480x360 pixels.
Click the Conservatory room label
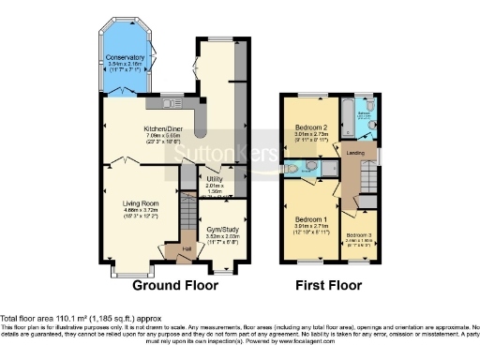click(126, 57)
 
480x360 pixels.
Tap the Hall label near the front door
click(187, 247)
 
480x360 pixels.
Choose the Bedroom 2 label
click(310, 127)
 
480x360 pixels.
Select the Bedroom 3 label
click(358, 233)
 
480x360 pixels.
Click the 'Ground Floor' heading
click(175, 285)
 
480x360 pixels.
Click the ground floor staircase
click(187, 177)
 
